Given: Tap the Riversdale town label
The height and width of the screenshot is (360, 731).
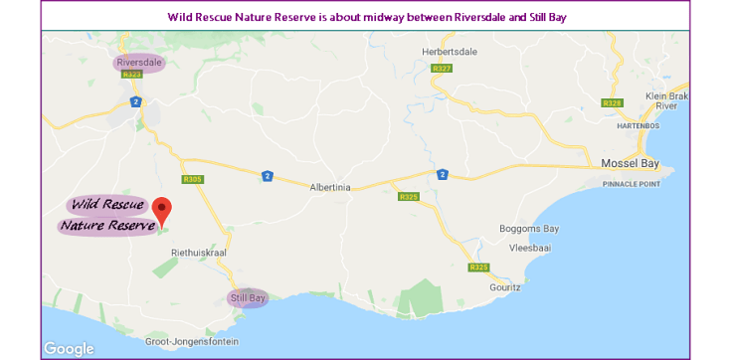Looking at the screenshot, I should tap(139, 62).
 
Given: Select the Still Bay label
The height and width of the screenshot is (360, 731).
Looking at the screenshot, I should tap(249, 297).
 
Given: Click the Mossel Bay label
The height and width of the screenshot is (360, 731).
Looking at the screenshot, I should tap(631, 163).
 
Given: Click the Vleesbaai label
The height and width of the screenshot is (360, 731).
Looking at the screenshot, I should tap(529, 247).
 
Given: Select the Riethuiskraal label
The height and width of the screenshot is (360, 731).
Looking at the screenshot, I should tap(200, 254).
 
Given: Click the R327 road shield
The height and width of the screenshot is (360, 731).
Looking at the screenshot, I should tap(443, 69).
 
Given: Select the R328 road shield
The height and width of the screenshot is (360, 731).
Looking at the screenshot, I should tap(612, 102).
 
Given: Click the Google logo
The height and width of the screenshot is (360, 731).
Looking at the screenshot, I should tap(70, 348).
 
